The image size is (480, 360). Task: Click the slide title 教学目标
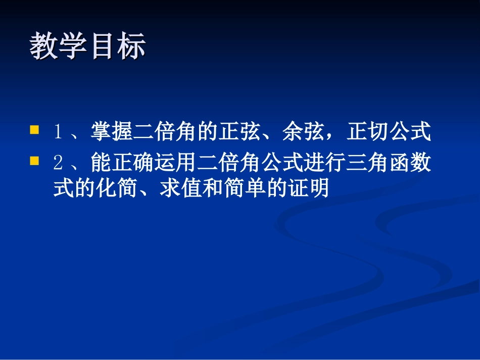[87, 47]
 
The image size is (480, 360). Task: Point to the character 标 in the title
[131, 47]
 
